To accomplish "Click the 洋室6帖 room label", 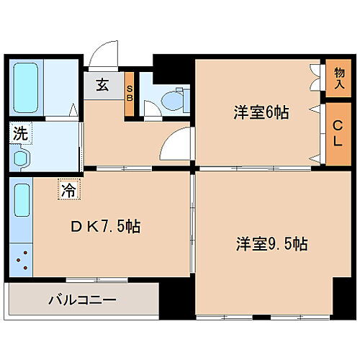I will click(x=260, y=113).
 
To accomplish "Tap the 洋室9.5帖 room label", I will click(x=271, y=244).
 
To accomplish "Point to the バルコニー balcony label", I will click(x=82, y=298).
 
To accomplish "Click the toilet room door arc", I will click(x=151, y=109).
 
